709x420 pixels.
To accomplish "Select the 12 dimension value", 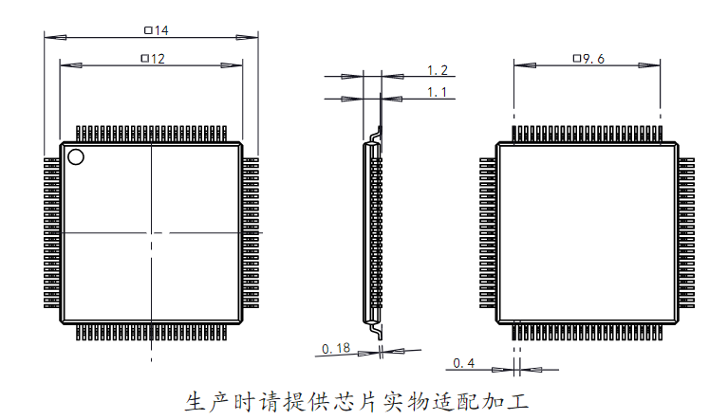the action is pos(158,59).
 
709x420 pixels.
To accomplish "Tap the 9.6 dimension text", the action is pos(594,59).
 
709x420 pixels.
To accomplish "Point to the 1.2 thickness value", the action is pos(438,70).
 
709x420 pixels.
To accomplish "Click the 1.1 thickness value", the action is pos(438,93).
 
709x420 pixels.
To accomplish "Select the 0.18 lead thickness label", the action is pos(336,348).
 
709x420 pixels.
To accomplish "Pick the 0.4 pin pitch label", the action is pos(464,363).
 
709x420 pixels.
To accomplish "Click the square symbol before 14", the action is pos(148,30).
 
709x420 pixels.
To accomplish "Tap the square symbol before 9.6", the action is pos(577,58).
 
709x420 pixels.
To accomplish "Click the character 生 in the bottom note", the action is pos(196,401).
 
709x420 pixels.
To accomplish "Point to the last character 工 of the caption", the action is pos(517,401).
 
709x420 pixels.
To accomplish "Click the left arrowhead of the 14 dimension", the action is pos(55,38).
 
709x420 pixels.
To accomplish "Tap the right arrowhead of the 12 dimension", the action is pos(232,65).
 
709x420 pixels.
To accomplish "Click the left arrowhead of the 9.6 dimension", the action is pos(525,65).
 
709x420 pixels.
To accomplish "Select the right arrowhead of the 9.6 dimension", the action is pos(649,65).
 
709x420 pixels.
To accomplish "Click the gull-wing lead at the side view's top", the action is pos(376,134).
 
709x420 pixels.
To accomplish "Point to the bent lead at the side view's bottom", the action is pos(375,330).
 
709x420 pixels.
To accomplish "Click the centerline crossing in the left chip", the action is pos(152,233).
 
